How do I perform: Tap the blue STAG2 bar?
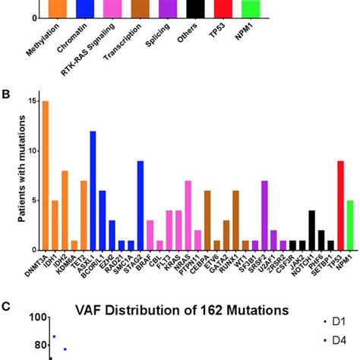click(140, 205)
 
